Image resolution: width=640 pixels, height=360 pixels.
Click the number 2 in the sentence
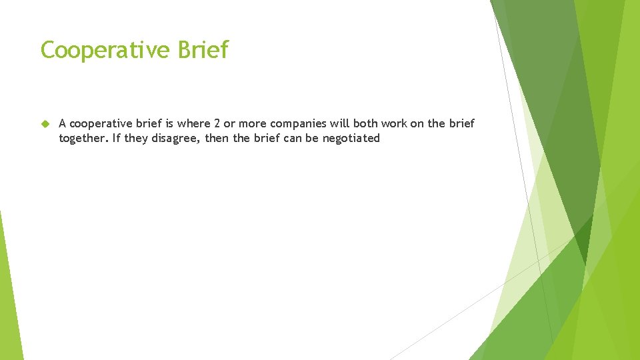tap(217, 124)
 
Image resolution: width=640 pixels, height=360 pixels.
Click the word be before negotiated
tap(313, 138)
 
